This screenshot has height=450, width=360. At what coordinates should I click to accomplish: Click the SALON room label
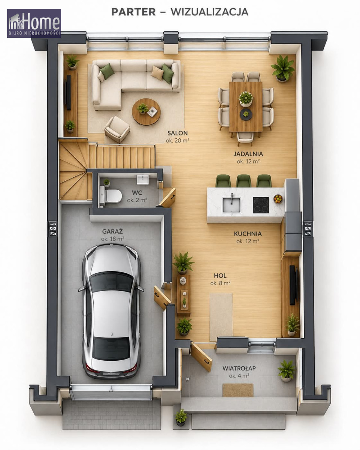click(x=178, y=133)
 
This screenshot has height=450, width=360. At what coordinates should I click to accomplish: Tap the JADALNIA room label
click(x=248, y=154)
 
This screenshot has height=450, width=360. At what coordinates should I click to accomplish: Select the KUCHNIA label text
click(x=248, y=234)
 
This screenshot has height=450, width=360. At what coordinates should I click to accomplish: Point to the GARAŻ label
click(x=112, y=231)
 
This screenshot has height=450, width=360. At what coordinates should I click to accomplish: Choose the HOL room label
click(x=220, y=276)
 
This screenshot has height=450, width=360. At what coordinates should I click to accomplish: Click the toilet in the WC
click(x=111, y=196)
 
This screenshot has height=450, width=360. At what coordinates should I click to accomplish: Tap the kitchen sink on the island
click(x=231, y=204)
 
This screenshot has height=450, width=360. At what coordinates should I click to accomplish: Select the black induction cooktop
click(x=261, y=205)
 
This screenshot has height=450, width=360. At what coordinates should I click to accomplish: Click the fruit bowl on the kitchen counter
click(x=278, y=199)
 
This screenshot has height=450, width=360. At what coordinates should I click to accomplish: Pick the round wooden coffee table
click(x=146, y=112)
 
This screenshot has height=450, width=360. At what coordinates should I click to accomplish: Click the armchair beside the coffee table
click(x=117, y=129)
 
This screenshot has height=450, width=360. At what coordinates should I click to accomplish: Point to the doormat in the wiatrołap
click(x=238, y=390)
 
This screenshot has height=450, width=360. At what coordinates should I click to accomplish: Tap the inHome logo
click(x=34, y=23)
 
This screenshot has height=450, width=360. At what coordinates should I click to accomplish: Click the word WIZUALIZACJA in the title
click(x=209, y=12)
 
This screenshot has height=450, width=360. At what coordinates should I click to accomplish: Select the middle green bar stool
click(x=243, y=181)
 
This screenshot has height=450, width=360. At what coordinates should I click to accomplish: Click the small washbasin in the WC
click(x=143, y=180)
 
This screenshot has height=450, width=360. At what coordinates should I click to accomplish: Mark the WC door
click(x=167, y=198)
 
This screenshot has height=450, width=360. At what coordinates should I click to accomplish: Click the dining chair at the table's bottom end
click(x=245, y=138)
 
